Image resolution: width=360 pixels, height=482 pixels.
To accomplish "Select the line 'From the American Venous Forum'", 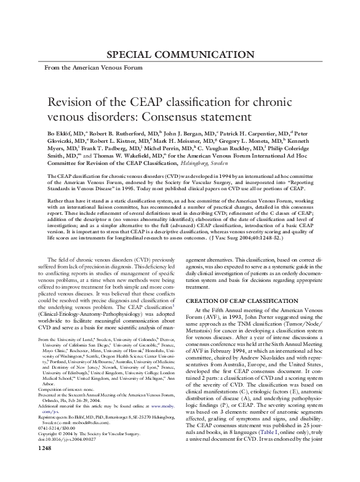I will (x=84, y=66).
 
